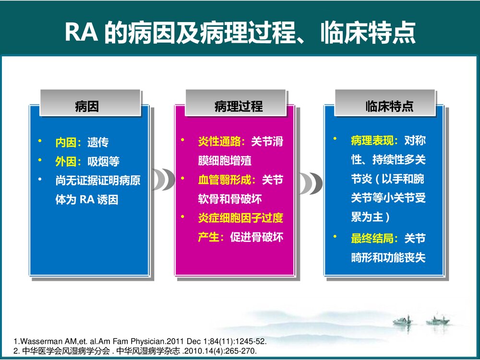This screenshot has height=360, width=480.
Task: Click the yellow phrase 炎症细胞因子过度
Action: (x=240, y=218)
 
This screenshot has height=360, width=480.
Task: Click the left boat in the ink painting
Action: (x=402, y=321)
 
